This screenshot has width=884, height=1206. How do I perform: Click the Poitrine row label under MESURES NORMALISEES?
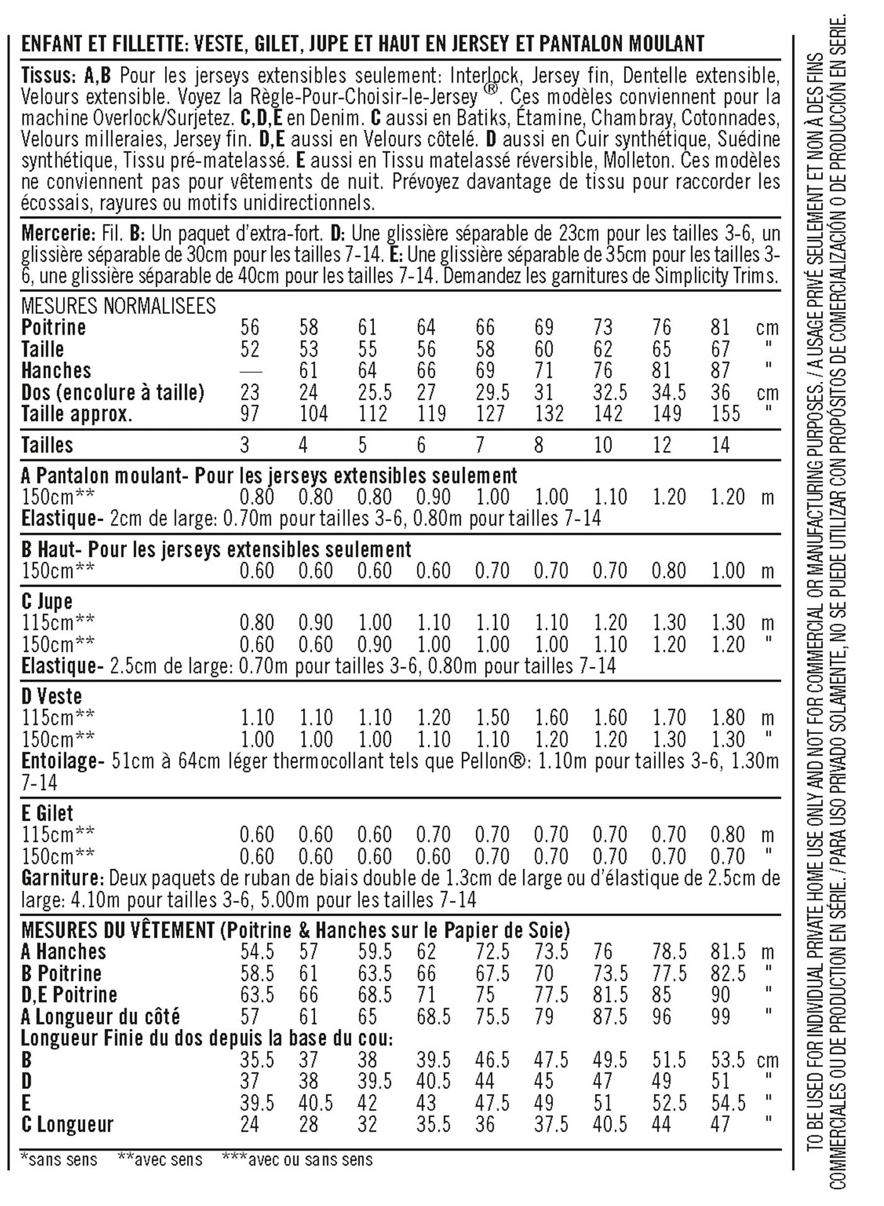(54, 328)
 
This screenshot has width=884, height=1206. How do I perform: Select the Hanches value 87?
(720, 370)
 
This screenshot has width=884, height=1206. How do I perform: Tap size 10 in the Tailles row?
(603, 445)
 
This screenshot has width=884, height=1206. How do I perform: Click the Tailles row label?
(47, 445)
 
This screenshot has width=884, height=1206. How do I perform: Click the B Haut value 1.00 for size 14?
(728, 571)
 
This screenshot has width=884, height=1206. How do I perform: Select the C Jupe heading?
(47, 602)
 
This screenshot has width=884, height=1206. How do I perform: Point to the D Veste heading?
(52, 697)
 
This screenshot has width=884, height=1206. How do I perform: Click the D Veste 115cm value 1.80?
(728, 718)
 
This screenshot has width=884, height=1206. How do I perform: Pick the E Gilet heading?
(47, 813)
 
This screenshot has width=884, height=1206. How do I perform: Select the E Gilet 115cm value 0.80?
(728, 836)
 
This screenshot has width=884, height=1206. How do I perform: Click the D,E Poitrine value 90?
(720, 996)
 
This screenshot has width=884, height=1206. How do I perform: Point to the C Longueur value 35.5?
(433, 1125)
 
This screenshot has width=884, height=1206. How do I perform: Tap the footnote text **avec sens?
(161, 1159)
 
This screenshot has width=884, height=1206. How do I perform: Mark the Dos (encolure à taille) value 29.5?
(492, 393)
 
